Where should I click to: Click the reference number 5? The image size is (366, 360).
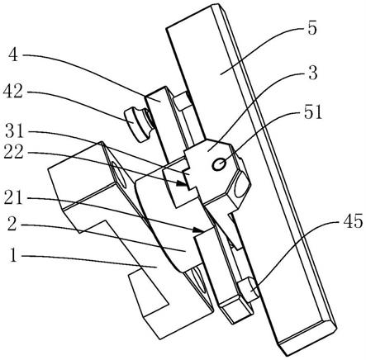312,29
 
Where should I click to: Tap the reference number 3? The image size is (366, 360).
313,73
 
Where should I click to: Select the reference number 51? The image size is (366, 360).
313,112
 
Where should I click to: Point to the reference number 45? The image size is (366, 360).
353,221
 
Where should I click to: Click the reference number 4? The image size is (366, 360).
13,54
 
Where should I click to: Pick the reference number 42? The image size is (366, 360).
13,92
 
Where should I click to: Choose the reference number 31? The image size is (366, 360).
14,131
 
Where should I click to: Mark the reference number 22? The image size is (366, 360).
13,151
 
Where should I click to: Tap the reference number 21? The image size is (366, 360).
13,197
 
